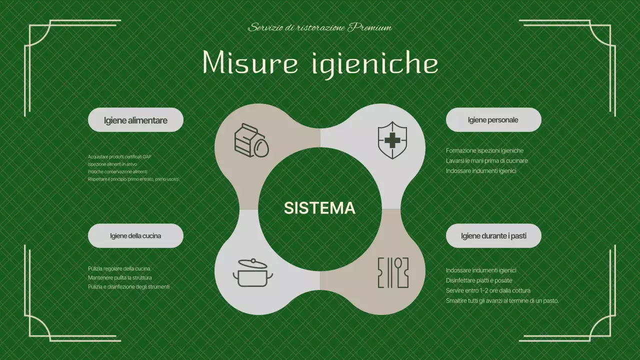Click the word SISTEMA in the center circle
pos(319,208)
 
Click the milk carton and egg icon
pos(251,140)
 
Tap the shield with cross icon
pos(392,140)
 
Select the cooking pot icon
pos(253,273)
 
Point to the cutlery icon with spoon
pos(393,272)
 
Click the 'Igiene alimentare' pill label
pos(135,120)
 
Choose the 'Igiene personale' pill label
pos(493,120)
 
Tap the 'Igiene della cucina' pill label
pos(135,235)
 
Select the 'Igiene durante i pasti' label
pos(493,235)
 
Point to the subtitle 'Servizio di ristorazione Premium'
pos(320,27)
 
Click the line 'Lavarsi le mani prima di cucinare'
pos(486,160)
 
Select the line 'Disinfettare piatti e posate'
pos(479,280)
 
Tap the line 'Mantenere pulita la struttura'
pos(120,277)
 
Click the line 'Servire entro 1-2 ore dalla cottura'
pos(488,290)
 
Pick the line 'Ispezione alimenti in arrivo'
pos(112,164)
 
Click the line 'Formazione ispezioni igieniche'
pos(484,150)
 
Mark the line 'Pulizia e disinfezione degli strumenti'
pos(128,286)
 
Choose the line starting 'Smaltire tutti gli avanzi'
pos(502,300)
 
